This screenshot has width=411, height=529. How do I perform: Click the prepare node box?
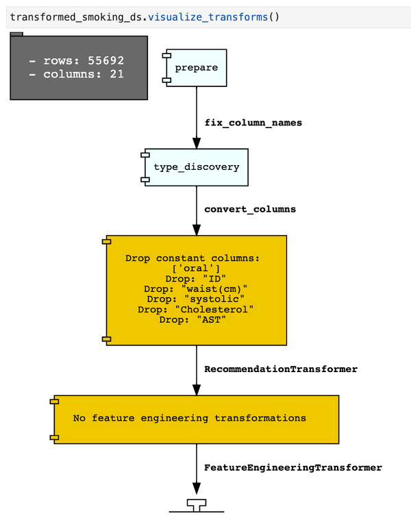[x=196, y=68]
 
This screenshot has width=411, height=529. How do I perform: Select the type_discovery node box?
[x=196, y=167]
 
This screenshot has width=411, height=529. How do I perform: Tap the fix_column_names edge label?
[x=253, y=123]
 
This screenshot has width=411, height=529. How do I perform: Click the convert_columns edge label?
[x=250, y=209]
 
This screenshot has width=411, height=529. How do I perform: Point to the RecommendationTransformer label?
[x=281, y=369]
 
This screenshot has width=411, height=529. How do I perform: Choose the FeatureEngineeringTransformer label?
[x=292, y=467]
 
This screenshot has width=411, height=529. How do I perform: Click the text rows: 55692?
[x=77, y=60]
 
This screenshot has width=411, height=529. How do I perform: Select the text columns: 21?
[x=77, y=73]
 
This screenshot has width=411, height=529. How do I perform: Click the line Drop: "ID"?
[x=196, y=279]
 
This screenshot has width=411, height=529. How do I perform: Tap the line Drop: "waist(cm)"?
[x=196, y=289]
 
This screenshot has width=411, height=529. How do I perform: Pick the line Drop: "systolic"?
[x=196, y=299]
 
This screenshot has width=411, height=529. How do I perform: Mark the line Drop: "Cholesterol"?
[x=196, y=309]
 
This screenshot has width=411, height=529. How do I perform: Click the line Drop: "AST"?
[x=196, y=319]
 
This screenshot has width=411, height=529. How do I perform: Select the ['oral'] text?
[x=196, y=269]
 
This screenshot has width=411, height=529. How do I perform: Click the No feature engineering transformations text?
[x=189, y=418]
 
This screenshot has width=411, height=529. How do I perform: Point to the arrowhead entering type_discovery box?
[x=197, y=144]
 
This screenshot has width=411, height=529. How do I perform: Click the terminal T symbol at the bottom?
[x=197, y=505]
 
